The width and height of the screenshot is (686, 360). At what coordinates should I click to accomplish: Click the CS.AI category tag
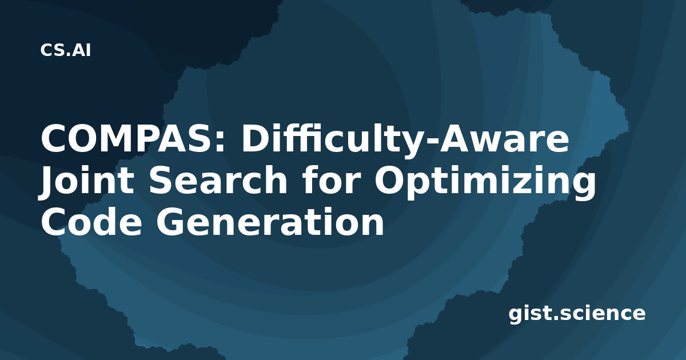coord(66,50)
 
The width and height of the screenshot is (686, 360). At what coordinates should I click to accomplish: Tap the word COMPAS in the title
coord(129,139)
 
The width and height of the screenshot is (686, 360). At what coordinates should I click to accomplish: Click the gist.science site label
coord(577,314)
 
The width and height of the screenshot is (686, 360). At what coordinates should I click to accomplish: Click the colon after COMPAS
coord(221,142)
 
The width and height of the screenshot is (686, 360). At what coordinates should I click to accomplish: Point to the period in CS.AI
coord(69,54)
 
